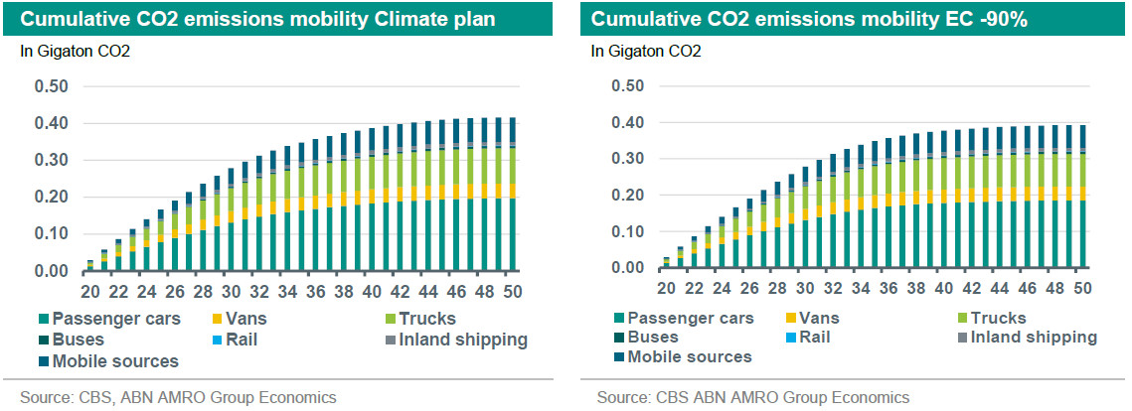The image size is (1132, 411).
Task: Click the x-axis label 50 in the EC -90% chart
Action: [x=1080, y=289]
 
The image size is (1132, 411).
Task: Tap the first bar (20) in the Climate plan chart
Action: [x=89, y=266]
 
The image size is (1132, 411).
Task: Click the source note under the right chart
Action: [x=752, y=397]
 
